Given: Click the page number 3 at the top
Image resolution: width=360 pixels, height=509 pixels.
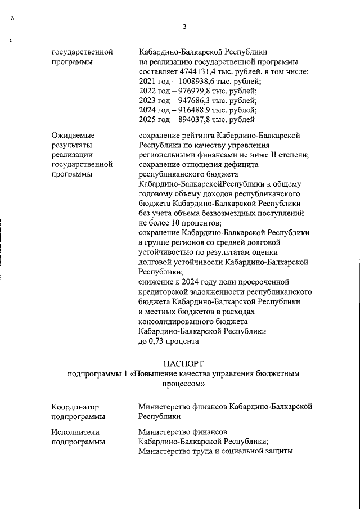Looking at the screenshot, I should [184, 26].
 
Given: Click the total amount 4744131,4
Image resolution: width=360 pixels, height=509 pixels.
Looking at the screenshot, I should [200, 72].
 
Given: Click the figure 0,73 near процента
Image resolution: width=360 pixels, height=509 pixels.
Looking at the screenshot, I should [159, 340].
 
